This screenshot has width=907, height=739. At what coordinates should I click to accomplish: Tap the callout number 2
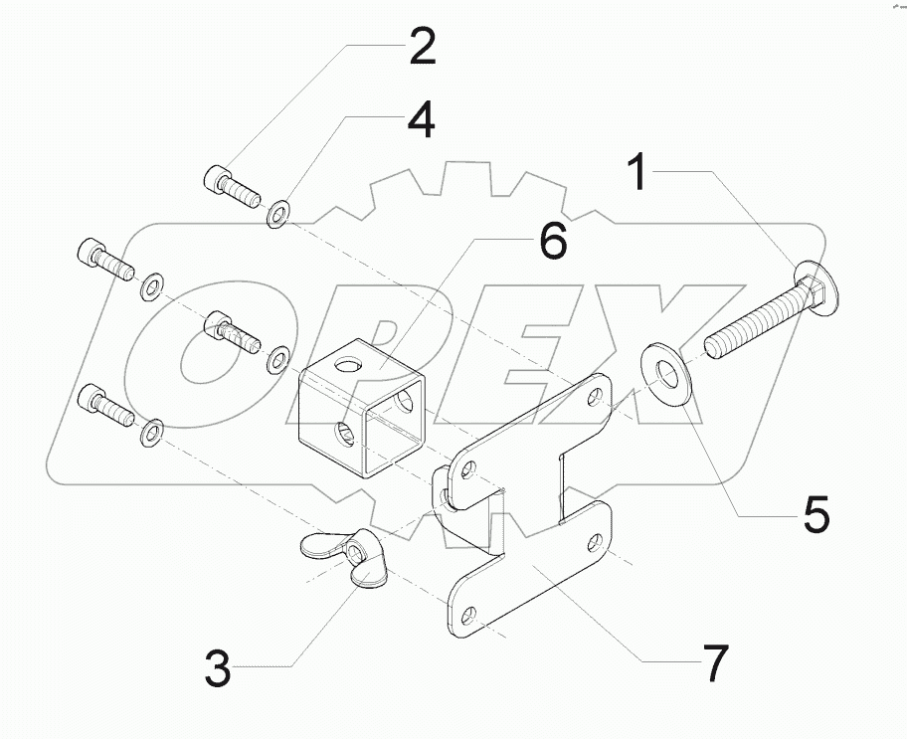421,48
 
